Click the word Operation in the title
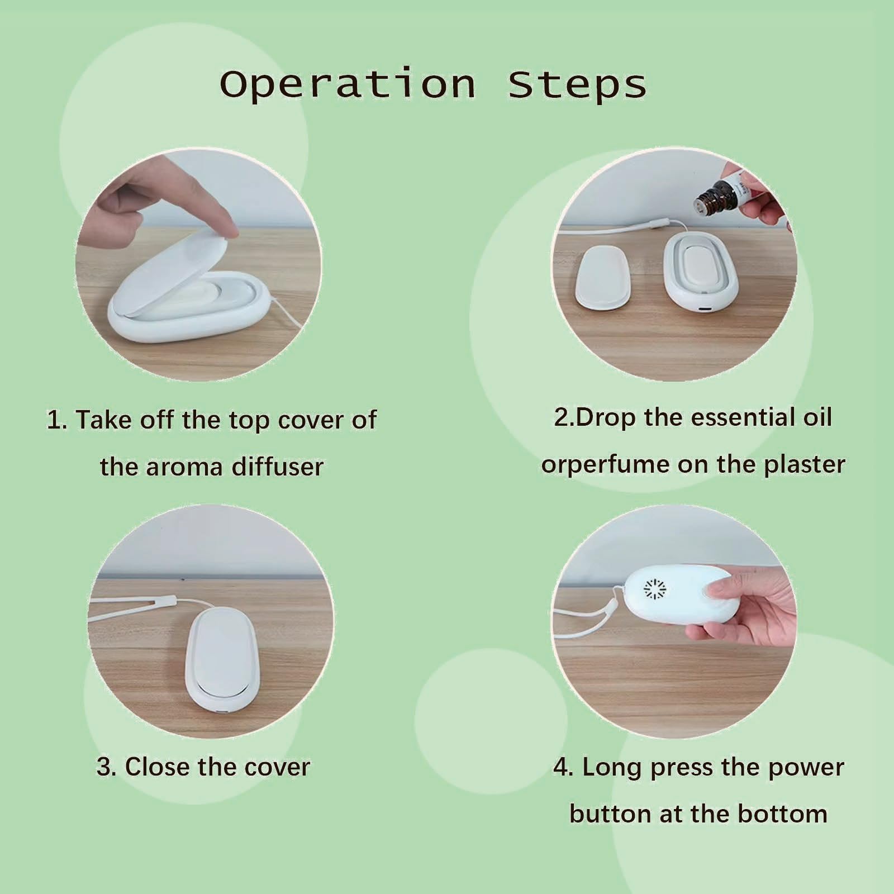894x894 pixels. point(348,85)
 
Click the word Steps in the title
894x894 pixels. point(577,85)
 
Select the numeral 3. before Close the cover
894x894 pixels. point(106,767)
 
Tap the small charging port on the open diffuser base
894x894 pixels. point(705,308)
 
